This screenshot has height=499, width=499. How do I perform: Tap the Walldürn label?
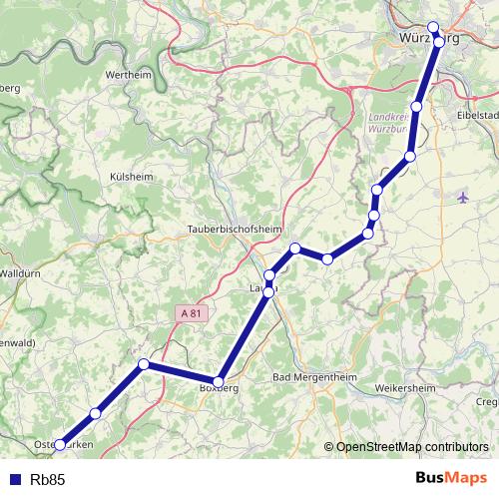[x=19, y=271]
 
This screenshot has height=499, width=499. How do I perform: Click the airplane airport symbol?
[x=461, y=197]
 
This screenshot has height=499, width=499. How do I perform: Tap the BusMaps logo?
[x=451, y=479]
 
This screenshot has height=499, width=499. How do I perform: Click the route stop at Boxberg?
[x=219, y=381]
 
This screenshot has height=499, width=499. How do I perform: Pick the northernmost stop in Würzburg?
[x=433, y=28]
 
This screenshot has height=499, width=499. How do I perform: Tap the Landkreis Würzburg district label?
[x=390, y=122]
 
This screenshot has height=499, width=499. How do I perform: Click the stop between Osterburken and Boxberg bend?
[x=96, y=413]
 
